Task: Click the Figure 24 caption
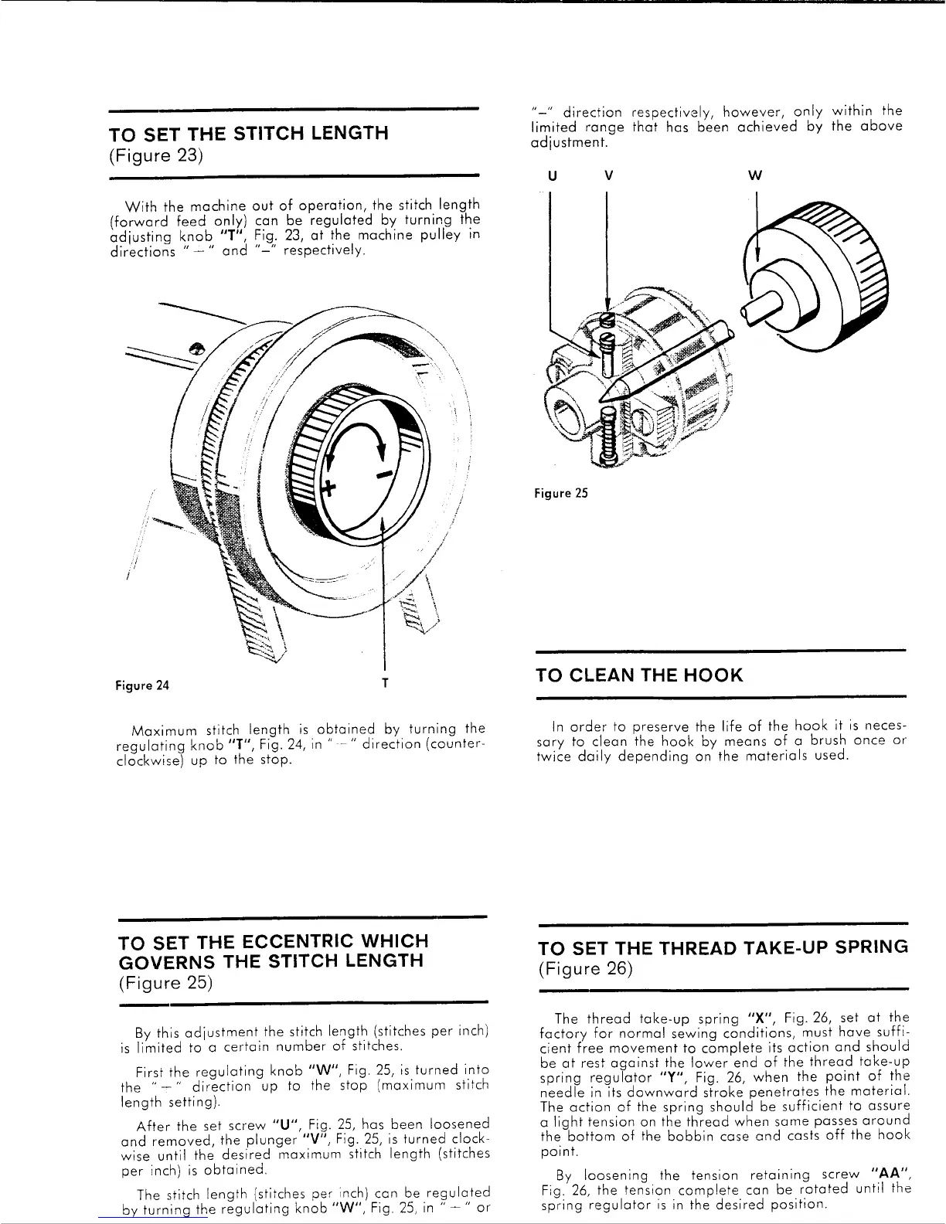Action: point(142,685)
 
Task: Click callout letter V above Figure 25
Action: point(609,175)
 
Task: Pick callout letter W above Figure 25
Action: point(755,175)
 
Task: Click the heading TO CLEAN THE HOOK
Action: point(638,675)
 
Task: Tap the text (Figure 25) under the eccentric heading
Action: point(165,983)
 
